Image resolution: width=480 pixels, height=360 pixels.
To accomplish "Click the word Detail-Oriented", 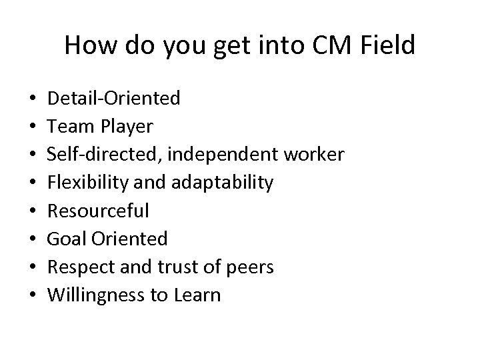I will [114, 99].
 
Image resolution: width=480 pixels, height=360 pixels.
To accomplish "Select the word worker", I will [313, 155].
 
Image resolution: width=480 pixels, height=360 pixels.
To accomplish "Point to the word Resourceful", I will [99, 211].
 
